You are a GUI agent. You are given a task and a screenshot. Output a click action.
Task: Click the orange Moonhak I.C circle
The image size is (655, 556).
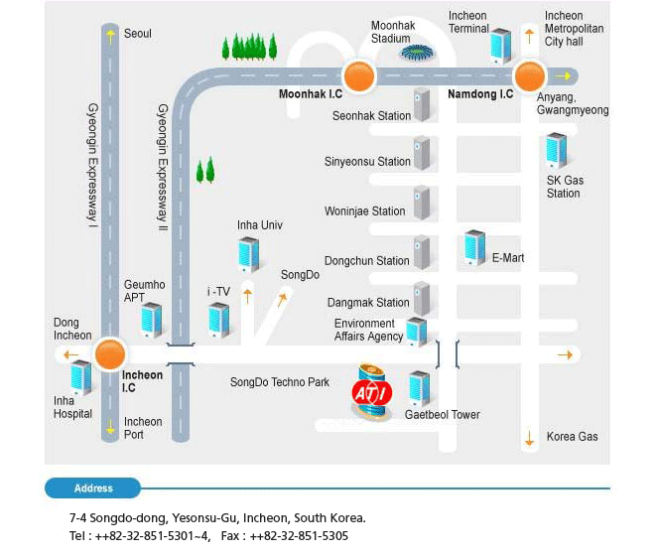pos(358,75)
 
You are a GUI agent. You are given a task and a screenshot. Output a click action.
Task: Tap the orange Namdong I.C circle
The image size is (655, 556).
pos(529,75)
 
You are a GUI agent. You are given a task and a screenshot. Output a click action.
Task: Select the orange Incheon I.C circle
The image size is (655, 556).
pos(109,354)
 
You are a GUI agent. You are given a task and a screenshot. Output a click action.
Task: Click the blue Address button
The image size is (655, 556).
pos(93,488)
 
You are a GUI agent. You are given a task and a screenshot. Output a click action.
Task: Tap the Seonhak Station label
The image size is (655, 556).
pos(371,116)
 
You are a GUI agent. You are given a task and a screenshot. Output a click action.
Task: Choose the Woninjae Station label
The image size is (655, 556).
pos(364,210)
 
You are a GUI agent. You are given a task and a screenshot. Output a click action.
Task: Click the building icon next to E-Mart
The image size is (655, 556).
pos(475,248)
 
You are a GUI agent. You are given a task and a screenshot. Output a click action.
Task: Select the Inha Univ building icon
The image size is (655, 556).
pos(248,254)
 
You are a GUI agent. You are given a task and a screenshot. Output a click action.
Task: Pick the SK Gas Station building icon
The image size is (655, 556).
pos(556,151)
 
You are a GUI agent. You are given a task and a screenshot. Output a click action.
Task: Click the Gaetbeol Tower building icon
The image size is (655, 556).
pos(419,388)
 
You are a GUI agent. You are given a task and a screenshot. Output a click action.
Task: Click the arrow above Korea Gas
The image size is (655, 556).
pos(529,438)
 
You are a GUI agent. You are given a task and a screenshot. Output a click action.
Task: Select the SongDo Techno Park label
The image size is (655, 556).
pos(279,382)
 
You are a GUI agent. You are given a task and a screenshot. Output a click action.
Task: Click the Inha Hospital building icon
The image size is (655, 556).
pos(80,378)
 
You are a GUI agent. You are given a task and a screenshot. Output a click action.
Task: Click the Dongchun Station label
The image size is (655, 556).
pos(366,261)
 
